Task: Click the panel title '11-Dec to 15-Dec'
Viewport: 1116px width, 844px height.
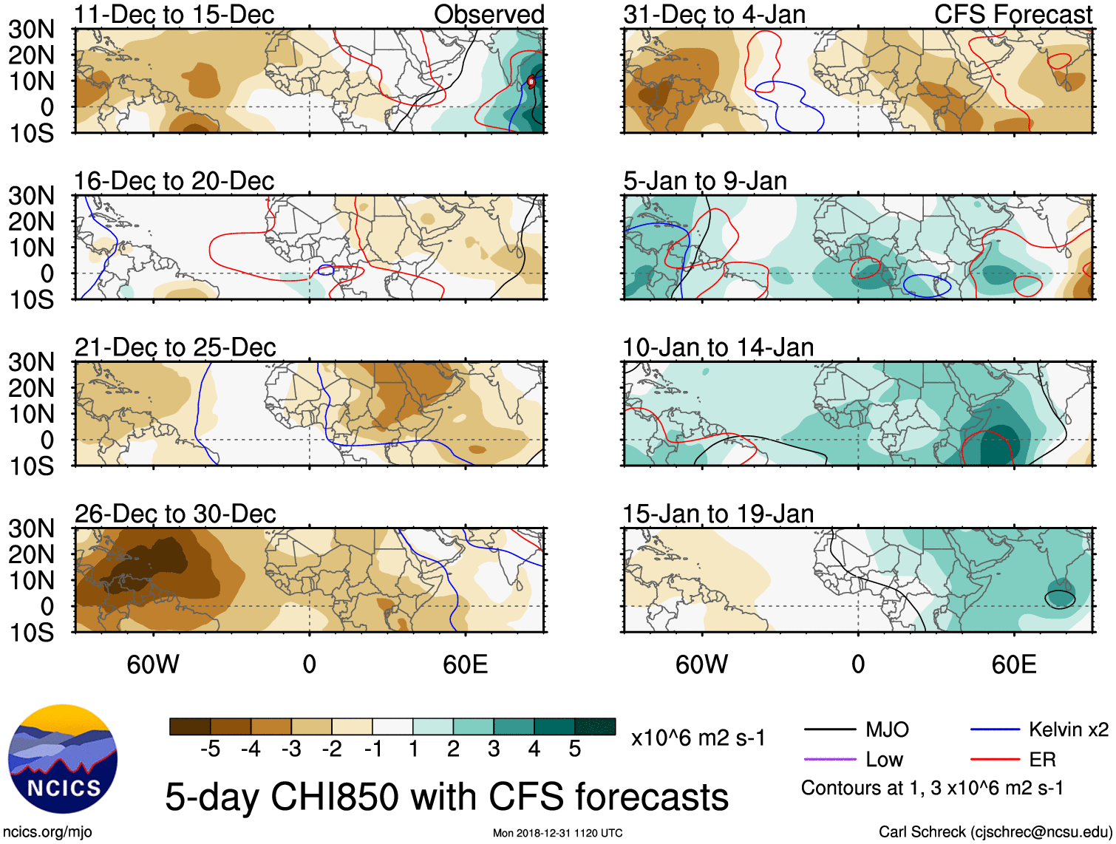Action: coord(174,15)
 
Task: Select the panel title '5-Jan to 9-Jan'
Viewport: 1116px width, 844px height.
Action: coord(705,181)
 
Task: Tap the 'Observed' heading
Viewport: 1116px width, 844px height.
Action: coord(489,15)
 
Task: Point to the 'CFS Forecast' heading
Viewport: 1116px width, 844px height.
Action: coord(1013,15)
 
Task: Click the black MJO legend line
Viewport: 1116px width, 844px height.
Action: coord(829,730)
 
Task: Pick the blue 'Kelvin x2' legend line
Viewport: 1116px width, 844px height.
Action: coord(995,730)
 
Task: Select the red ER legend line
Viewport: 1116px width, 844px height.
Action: coord(995,759)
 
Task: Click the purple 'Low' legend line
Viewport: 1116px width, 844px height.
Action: coord(829,759)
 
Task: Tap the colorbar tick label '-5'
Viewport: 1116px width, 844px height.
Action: coord(210,749)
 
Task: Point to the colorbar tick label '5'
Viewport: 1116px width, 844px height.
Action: coord(575,749)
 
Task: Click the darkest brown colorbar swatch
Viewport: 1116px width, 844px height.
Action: coord(190,726)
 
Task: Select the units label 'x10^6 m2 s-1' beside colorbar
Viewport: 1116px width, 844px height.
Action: coord(698,738)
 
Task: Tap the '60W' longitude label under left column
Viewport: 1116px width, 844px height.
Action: coord(153,664)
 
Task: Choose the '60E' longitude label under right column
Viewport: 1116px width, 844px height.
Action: coord(1013,664)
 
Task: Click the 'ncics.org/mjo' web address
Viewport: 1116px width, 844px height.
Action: coord(47,832)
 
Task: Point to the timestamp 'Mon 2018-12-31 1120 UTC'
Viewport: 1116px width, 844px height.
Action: coord(557,833)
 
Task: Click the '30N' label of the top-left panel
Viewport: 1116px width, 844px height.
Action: coord(31,30)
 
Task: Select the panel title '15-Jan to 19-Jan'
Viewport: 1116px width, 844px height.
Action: coord(718,514)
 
